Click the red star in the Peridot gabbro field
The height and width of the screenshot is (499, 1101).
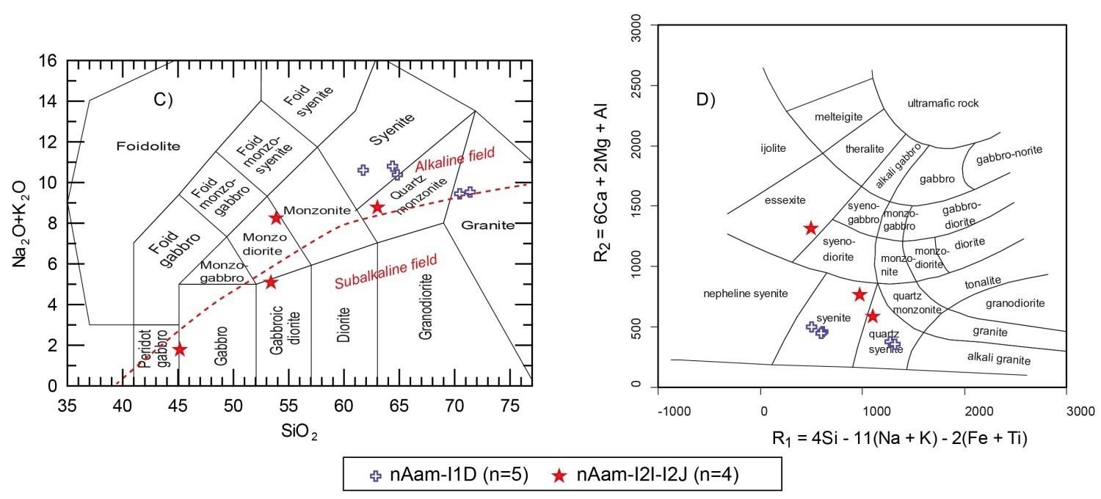180,349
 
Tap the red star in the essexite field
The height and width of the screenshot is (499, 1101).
811,228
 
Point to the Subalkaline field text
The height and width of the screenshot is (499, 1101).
386,272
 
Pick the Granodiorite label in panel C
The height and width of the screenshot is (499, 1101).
426,306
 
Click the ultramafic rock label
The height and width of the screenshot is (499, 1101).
942,103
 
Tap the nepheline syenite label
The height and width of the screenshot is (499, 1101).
745,294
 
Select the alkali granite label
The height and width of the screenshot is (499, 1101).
999,358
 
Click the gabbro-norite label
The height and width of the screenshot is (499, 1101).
1009,155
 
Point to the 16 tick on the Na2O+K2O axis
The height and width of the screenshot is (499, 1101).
48,61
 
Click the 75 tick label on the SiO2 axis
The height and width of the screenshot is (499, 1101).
510,406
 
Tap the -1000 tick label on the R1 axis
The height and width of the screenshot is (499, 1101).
674,412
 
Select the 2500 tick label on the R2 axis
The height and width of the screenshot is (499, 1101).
636,84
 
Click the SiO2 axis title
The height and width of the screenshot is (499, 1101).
299,431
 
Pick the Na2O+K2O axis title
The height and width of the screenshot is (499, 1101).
20,224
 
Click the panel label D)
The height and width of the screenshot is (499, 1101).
706,100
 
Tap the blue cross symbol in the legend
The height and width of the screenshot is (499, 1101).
376,476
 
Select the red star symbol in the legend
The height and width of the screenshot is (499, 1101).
559,476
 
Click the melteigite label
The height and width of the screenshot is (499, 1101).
838,117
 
